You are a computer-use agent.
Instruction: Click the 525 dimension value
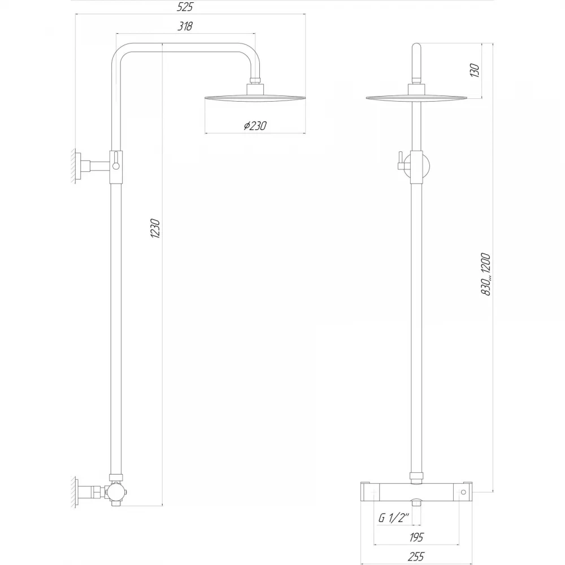click(185, 7)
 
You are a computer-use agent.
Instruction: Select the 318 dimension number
click(185, 26)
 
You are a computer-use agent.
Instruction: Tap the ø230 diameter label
click(255, 126)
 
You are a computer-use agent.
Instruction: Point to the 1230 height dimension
click(155, 228)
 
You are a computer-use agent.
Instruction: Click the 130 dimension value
click(475, 70)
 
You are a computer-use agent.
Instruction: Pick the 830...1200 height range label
click(486, 275)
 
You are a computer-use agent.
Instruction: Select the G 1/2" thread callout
click(394, 518)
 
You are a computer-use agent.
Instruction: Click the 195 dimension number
click(416, 537)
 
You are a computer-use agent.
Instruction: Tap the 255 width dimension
click(416, 557)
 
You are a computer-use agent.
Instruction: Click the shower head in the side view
click(255, 97)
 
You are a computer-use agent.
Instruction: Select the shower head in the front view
click(416, 97)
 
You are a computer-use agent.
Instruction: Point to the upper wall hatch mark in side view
click(73, 166)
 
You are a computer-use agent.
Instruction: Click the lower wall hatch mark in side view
click(73, 492)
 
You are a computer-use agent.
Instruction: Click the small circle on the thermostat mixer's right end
click(464, 492)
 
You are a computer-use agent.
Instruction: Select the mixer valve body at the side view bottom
click(116, 492)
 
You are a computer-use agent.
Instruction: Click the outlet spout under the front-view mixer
click(416, 502)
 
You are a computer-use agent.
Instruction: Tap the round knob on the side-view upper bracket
click(116, 166)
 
